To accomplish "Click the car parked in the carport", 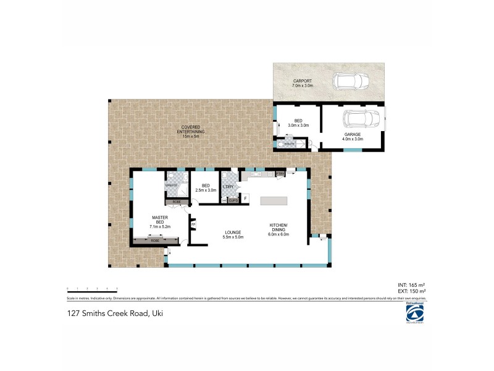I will coord(350,81).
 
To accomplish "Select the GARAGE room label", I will coord(353,136).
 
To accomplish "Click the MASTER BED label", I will coord(159,222).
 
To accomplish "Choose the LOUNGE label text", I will coord(233,234).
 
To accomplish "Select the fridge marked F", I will coord(246,198).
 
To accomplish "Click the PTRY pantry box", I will coord(280,174).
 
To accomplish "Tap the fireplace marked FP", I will coord(193,224).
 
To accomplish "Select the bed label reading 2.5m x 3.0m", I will coord(206,190).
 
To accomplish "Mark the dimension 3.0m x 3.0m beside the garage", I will coord(298,126).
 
